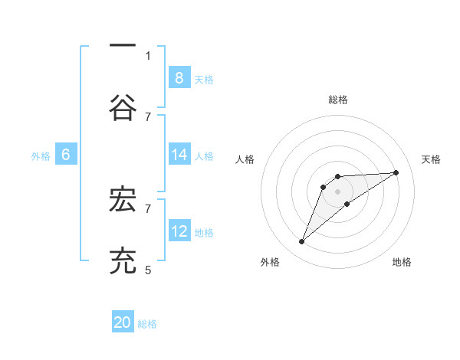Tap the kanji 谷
(x=123, y=109)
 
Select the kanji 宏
(x=123, y=200)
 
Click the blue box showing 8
(x=179, y=77)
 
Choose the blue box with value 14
(x=179, y=155)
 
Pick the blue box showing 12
(x=179, y=231)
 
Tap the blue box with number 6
(x=66, y=155)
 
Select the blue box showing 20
(x=123, y=322)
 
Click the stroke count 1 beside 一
(x=148, y=55)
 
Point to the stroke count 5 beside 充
(x=148, y=270)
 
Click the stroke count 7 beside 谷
(x=148, y=116)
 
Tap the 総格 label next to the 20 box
(x=147, y=324)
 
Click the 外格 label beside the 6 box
(x=41, y=156)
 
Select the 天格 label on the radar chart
(x=432, y=159)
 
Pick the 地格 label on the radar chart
(x=402, y=262)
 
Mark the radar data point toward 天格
(x=396, y=172)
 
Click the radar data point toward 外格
(x=301, y=242)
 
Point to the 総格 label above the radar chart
(x=338, y=100)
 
